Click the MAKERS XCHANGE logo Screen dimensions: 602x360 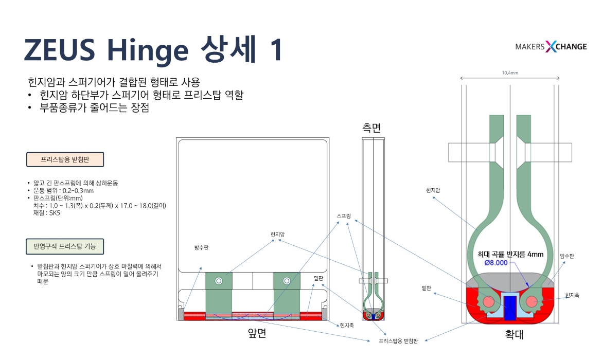coord(551,46)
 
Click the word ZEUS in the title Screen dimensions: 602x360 coord(60,49)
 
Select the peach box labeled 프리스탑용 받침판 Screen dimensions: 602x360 coord(65,159)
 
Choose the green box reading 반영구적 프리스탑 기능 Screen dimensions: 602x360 coord(64,246)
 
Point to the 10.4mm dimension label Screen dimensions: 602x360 coord(510,73)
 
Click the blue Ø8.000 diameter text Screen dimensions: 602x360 coord(496,262)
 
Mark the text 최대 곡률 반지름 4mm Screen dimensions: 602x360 coord(510,254)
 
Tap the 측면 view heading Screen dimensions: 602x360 coord(371,128)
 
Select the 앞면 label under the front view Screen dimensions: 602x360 coord(257,333)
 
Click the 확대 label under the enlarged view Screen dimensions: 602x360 coord(514,334)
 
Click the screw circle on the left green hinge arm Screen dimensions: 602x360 coord(219,281)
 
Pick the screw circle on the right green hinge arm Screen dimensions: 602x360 coord(287,281)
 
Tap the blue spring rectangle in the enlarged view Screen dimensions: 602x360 coord(510,308)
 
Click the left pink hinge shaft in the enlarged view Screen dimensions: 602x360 coord(488,301)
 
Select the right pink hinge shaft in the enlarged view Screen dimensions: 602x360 coord(532,301)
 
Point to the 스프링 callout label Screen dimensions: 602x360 coord(344,215)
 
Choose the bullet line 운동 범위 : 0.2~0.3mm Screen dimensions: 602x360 coord(61,190)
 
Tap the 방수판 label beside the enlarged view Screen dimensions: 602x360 coord(566,256)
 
